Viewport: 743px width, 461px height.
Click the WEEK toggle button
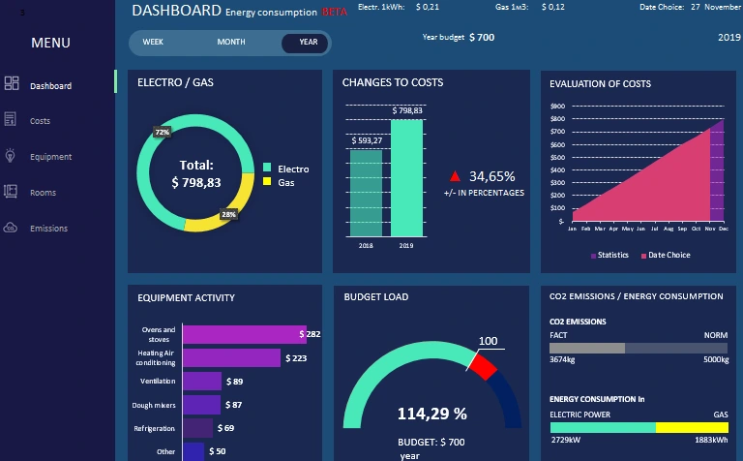coord(153,43)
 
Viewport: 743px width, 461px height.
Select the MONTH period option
coord(230,43)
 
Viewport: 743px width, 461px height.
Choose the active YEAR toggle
coord(308,43)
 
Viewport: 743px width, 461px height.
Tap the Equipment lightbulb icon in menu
coord(11,156)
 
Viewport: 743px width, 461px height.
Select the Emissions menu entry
coord(48,229)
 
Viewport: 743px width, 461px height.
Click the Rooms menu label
coord(43,193)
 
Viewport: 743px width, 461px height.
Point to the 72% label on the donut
coord(162,132)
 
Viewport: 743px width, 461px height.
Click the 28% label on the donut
coord(228,214)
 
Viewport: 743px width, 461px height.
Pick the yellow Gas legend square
coord(268,182)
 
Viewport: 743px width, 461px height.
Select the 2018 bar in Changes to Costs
coord(366,192)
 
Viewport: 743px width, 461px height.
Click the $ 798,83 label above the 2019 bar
coord(406,110)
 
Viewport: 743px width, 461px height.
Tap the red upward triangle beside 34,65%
coord(455,176)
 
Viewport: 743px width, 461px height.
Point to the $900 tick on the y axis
coord(556,106)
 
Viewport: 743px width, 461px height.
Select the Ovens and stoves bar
coord(244,334)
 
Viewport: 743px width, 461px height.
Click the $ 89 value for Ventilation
coord(234,382)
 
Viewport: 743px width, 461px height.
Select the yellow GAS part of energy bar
coord(692,427)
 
